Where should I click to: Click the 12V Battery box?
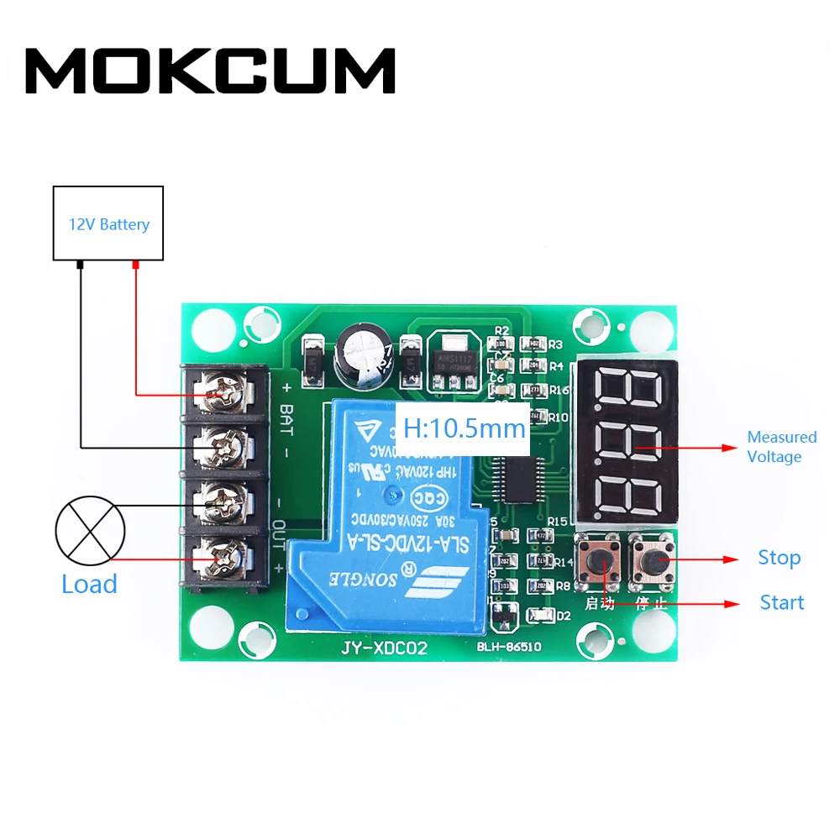tap(108, 223)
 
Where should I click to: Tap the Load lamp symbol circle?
tap(90, 531)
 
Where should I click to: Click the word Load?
tap(89, 585)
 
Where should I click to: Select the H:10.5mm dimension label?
tap(464, 428)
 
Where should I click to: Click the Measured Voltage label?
tap(781, 447)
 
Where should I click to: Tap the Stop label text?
tap(779, 558)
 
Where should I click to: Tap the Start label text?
tap(781, 602)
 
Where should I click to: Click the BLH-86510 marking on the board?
tap(509, 648)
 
